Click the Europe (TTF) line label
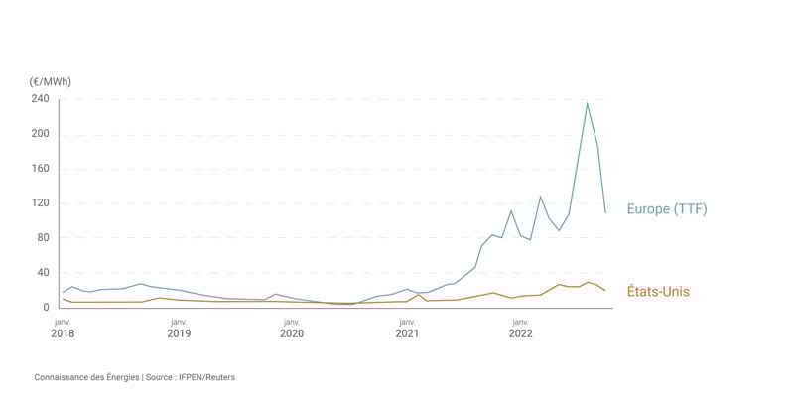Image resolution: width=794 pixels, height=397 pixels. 666,209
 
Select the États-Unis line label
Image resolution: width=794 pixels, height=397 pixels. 658,292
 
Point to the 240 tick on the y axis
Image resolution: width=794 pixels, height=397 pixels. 40,99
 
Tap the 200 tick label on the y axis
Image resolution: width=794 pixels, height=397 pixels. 40,134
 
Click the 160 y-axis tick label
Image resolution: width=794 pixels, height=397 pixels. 40,169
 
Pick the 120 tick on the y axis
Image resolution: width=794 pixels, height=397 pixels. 40,203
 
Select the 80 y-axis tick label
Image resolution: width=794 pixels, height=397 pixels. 42,238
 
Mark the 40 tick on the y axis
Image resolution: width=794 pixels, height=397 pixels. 42,273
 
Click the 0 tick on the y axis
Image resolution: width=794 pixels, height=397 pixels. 46,308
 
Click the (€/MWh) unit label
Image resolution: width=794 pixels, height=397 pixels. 51,81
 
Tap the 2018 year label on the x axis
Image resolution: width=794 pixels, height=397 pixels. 63,333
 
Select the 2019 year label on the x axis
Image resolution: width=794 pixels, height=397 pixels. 179,333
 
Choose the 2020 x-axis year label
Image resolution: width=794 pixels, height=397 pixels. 292,333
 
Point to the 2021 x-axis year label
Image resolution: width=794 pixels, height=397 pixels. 407,333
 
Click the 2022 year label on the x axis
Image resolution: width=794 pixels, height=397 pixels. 520,333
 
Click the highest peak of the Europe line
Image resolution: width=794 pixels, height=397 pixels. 587,103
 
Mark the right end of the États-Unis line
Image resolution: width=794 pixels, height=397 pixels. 605,290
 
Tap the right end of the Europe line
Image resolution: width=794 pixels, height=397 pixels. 605,211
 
